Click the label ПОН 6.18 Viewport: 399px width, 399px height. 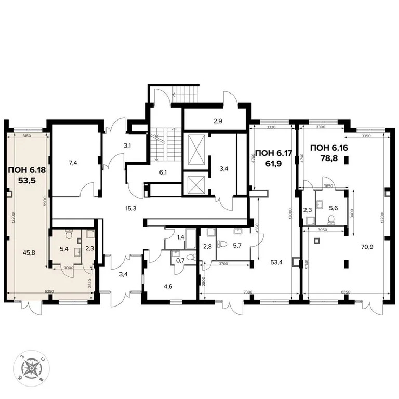[x=26, y=169]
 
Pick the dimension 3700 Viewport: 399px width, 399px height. [x=224, y=264]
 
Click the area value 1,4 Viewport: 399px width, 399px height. [x=180, y=237]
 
